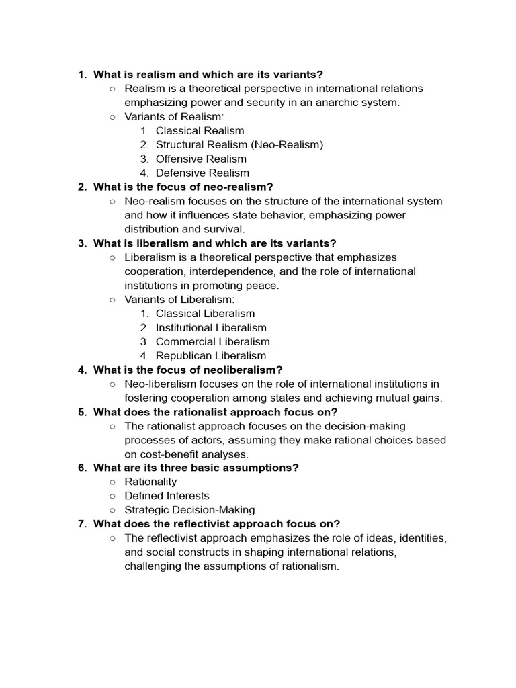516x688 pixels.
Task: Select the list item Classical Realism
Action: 200,130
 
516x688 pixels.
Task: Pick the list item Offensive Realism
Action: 201,159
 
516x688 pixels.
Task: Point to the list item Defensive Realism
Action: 202,173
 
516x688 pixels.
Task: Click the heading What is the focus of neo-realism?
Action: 183,187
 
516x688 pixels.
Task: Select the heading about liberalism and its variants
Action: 214,243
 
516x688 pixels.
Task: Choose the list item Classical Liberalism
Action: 205,313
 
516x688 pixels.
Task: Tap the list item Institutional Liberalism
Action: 211,327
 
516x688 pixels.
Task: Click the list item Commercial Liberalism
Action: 212,341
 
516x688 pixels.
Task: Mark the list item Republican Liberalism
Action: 210,355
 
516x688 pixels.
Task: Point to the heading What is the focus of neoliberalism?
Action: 188,370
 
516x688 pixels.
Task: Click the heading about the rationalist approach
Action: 215,412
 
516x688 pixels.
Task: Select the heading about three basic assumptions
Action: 196,468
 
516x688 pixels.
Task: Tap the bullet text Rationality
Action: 150,482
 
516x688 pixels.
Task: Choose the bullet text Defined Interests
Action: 167,496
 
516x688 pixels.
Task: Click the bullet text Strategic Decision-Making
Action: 189,510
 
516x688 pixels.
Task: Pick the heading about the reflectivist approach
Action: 216,524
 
